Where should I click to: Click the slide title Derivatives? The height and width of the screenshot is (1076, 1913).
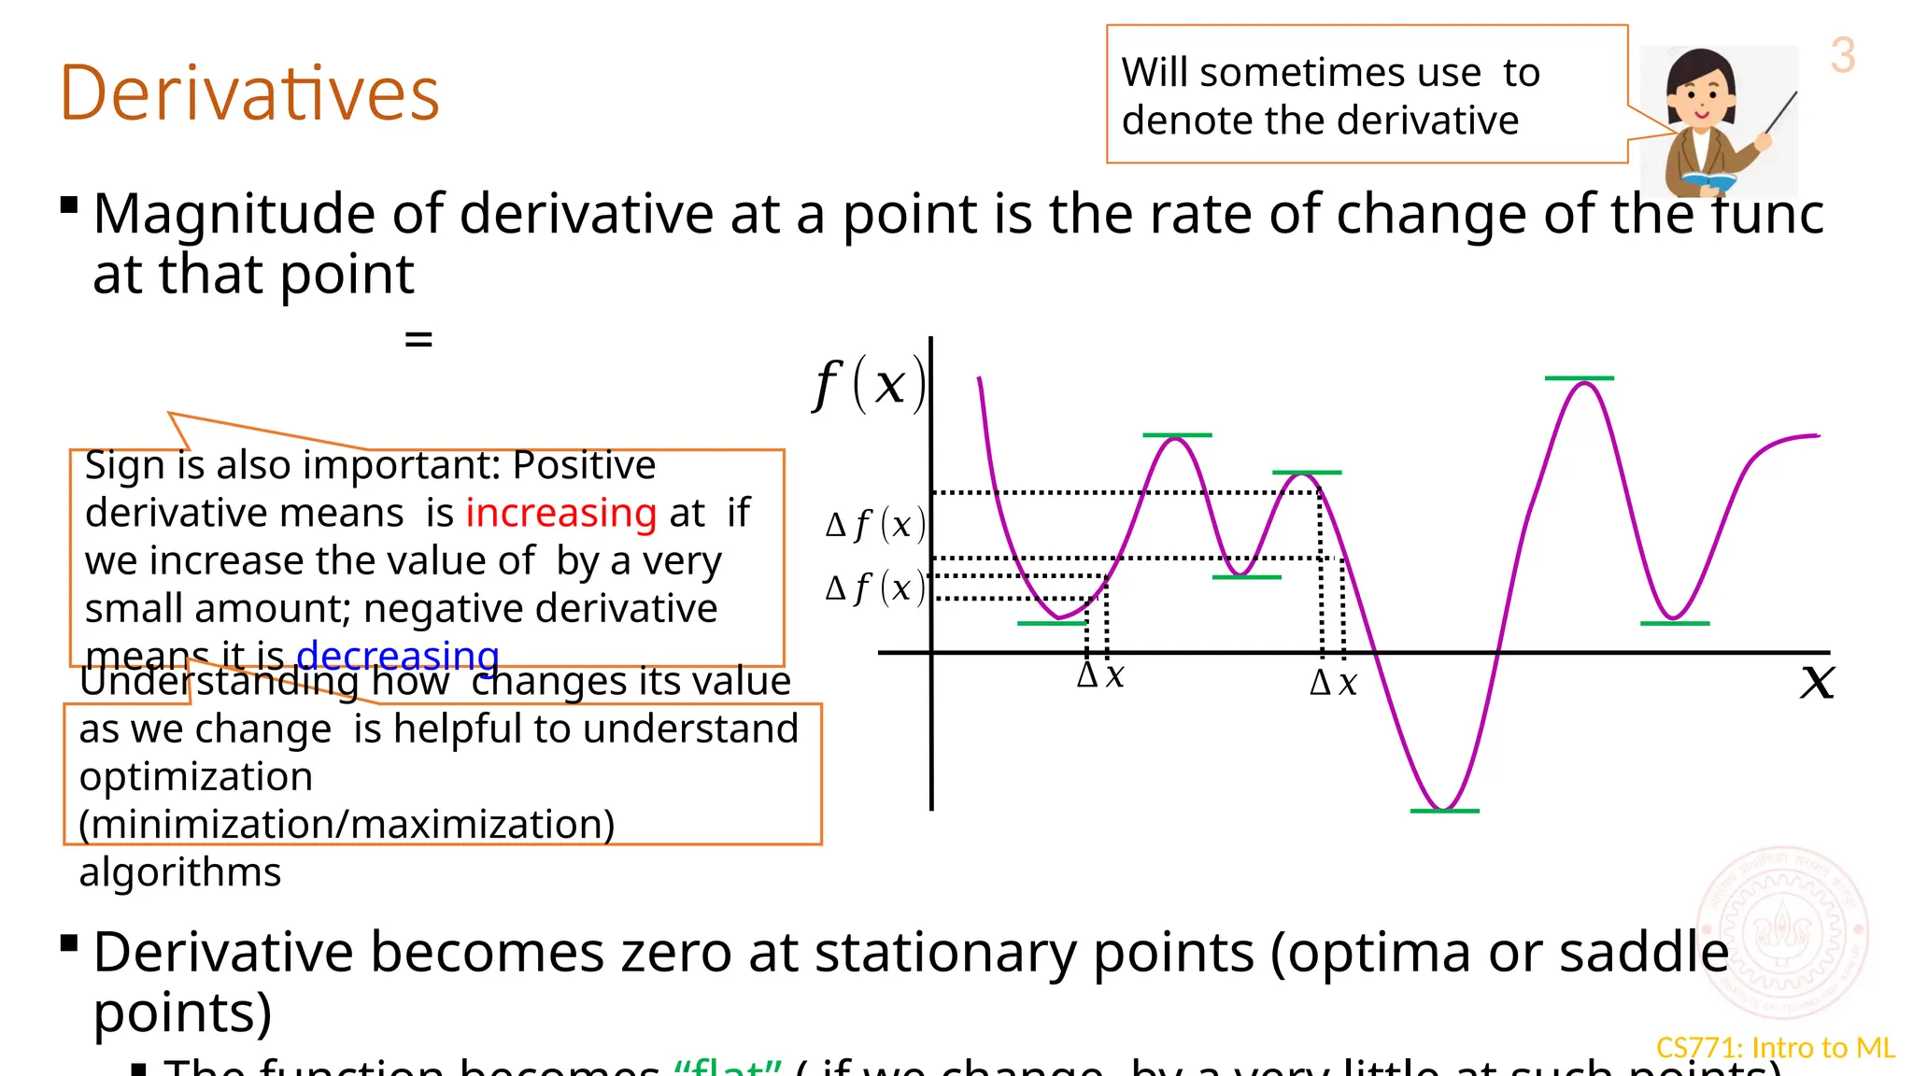coord(249,93)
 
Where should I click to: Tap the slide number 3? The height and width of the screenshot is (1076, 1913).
coord(1842,55)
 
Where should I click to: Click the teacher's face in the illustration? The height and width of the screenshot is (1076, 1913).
coord(1701,94)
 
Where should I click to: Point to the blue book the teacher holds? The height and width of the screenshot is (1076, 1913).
coord(1708,179)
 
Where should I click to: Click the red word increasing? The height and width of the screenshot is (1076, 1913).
coord(561,513)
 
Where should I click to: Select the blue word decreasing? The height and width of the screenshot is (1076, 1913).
coord(398,655)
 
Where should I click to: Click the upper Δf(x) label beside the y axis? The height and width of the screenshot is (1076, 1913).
coord(875,525)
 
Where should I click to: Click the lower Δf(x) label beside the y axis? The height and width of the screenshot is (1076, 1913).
coord(875,588)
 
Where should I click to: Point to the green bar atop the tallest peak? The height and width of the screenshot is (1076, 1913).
coord(1579,378)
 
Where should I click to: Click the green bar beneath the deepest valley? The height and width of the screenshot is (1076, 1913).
coord(1444,811)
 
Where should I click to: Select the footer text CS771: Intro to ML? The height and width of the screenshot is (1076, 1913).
coord(1775,1048)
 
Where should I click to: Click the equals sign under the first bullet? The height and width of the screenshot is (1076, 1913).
coord(418,339)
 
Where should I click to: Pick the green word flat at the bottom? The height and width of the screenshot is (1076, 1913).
coord(727,1068)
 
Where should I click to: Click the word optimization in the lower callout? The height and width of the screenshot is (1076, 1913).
coord(196,777)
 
